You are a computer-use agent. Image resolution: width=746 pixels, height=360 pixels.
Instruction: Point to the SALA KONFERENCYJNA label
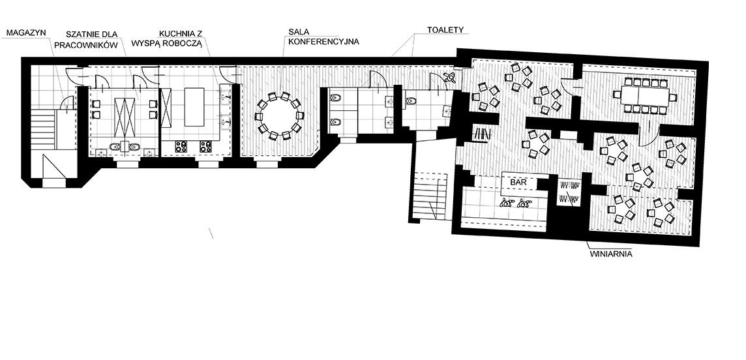pyautogui.click(x=323, y=37)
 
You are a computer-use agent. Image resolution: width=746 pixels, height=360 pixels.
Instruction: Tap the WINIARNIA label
pyautogui.click(x=611, y=254)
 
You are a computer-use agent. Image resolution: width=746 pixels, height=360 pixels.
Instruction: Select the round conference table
pyautogui.click(x=279, y=116)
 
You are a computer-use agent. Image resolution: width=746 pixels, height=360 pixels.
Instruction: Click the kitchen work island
pyautogui.click(x=194, y=106)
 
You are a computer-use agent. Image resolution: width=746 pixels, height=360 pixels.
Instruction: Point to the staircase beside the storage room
pyautogui.click(x=43, y=128)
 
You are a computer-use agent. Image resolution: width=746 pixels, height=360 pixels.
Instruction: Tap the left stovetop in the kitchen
pyautogui.click(x=181, y=147)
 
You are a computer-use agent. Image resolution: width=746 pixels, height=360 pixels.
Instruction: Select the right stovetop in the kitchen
pyautogui.click(x=205, y=147)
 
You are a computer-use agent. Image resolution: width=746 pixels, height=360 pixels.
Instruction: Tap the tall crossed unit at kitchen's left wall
pyautogui.click(x=166, y=108)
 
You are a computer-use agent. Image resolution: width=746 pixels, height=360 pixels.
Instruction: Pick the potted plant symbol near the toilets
pyautogui.click(x=449, y=78)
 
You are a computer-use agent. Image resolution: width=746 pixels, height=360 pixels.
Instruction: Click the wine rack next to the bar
pyautogui.click(x=569, y=192)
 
